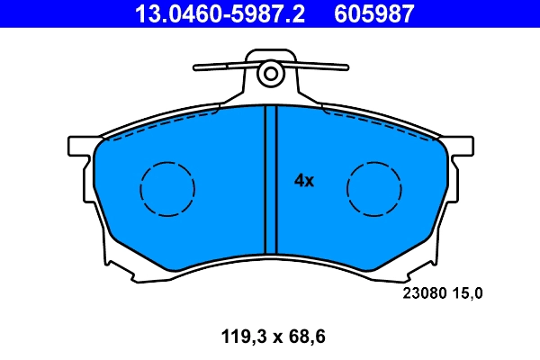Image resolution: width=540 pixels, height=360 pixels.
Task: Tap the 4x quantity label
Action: coord(304,181)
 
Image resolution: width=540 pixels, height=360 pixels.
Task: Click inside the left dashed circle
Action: coord(167,190)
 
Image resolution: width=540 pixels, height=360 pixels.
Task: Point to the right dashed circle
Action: coord(374,190)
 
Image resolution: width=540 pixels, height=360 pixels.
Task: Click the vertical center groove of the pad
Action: coord(265,180)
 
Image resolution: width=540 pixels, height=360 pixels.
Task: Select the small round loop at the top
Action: coord(268,75)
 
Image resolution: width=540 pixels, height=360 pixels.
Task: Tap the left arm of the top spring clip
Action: coord(220,66)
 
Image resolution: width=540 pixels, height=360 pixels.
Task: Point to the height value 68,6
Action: coord(302,337)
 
